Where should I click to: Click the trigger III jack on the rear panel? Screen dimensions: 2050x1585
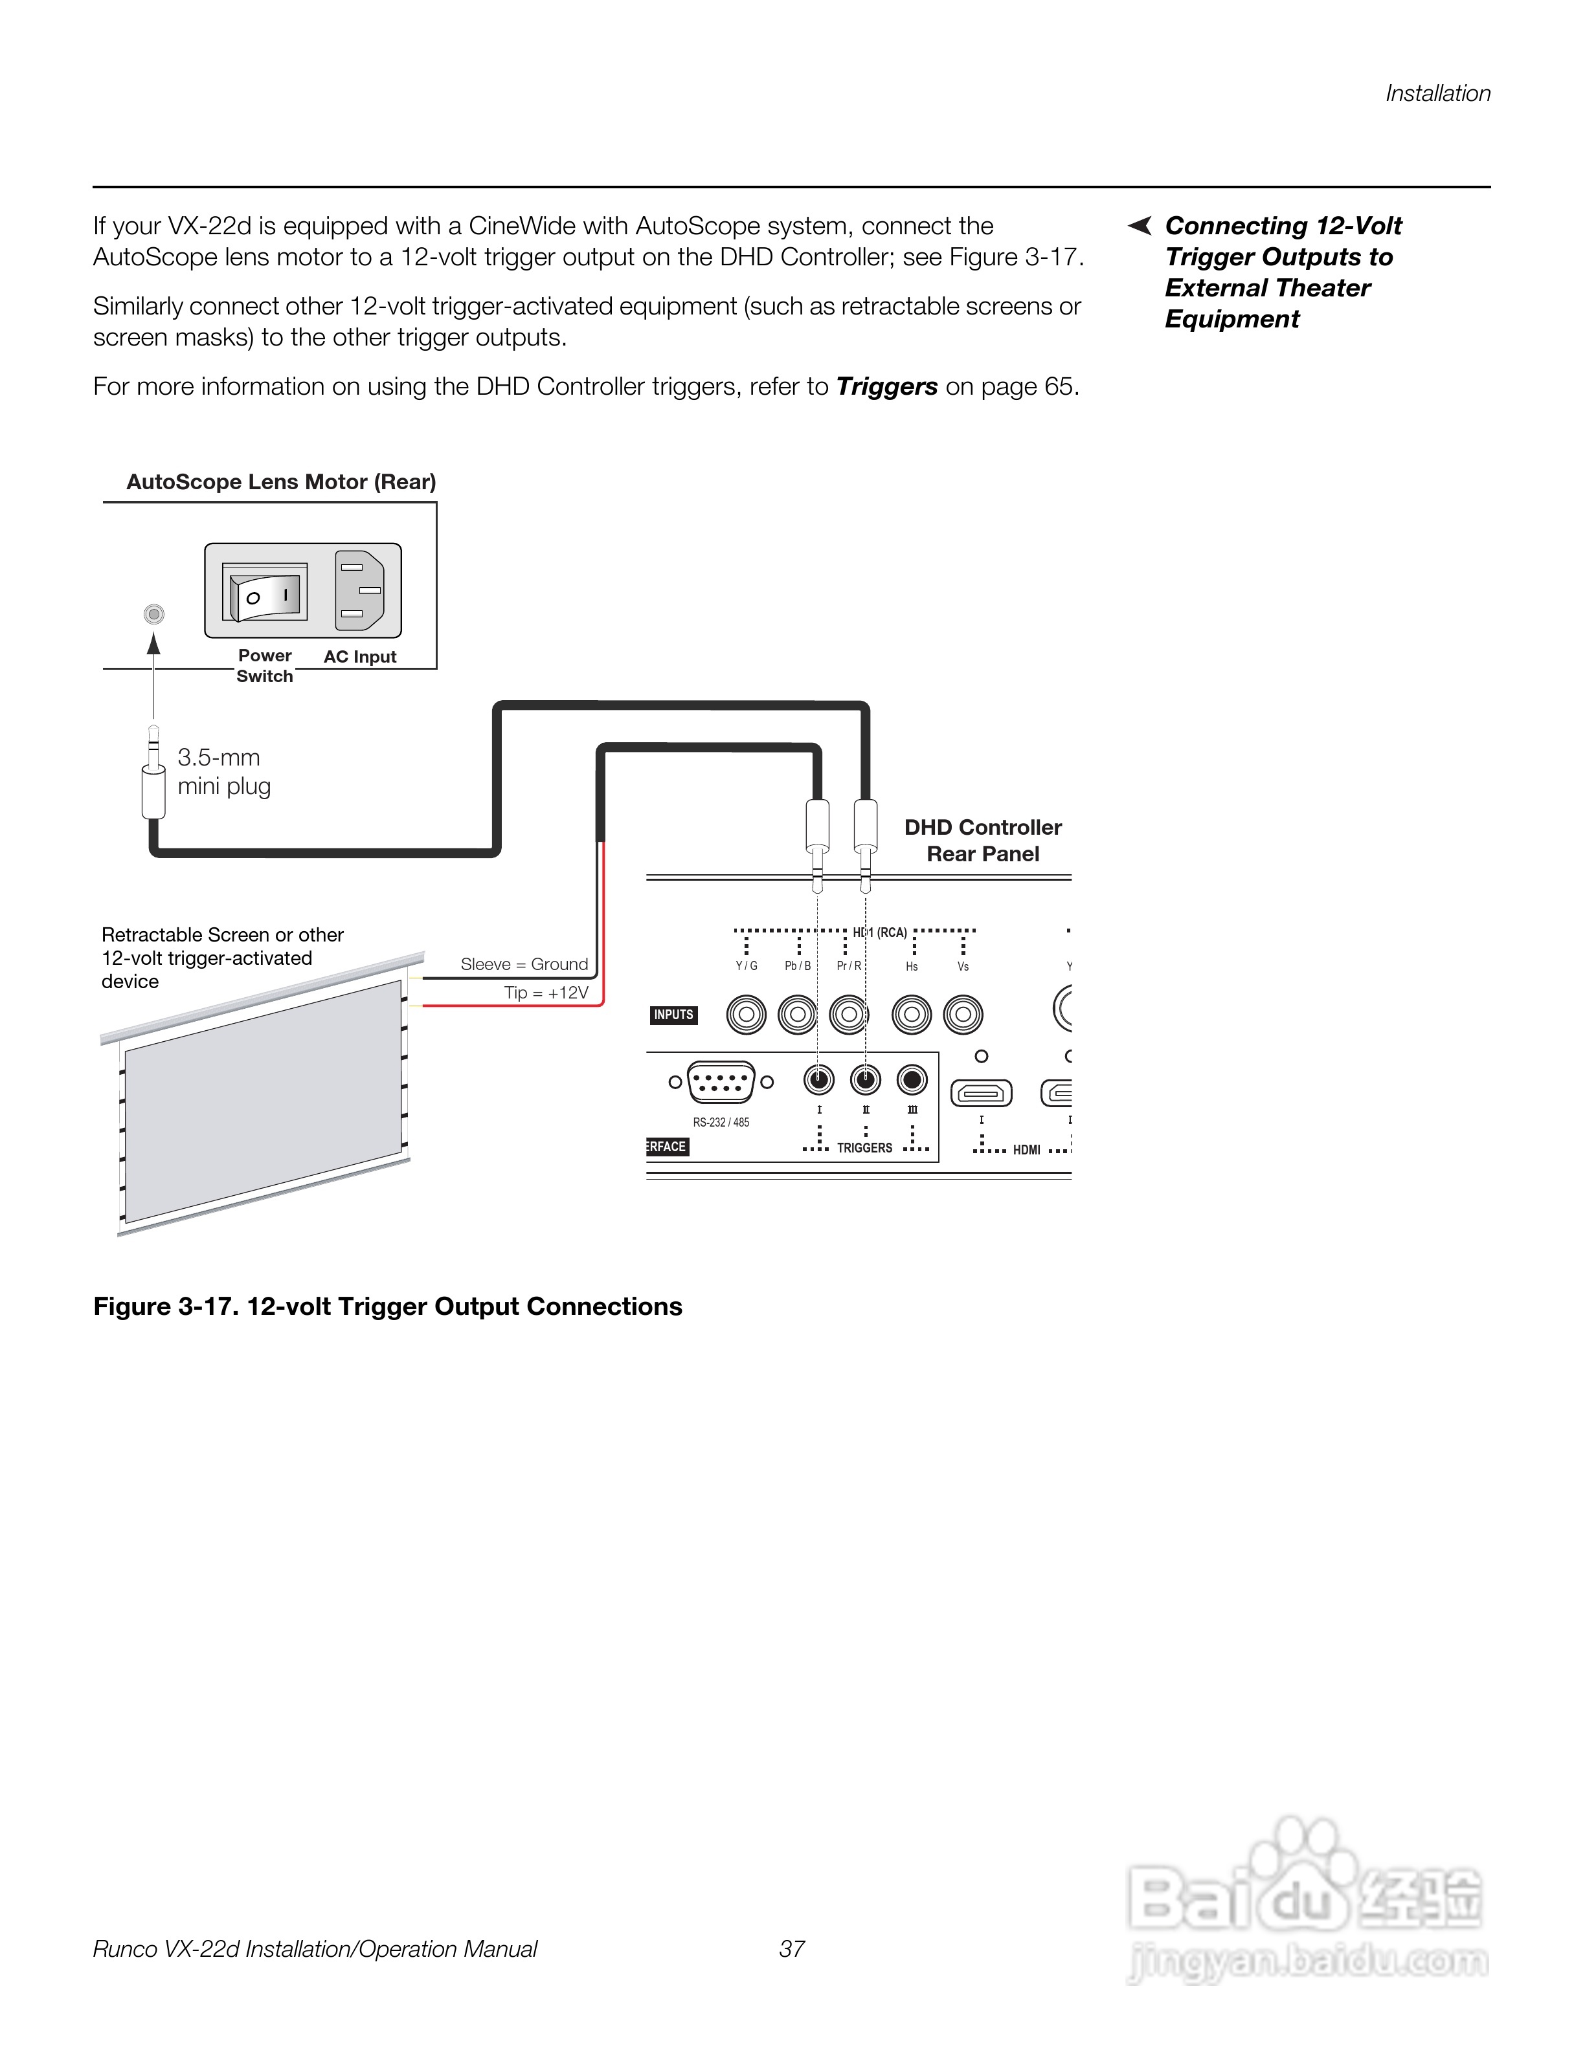pos(912,1081)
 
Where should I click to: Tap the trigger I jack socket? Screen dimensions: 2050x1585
pos(819,1081)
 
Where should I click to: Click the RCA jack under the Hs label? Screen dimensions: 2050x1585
pos(912,1015)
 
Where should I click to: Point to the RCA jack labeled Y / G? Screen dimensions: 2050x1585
pos(747,1015)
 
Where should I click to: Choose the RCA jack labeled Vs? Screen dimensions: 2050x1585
pos(962,1015)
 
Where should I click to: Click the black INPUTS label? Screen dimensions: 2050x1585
pos(673,1015)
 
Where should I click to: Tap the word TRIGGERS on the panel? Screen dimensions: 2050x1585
pos(864,1148)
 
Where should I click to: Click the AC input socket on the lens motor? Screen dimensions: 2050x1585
pos(361,590)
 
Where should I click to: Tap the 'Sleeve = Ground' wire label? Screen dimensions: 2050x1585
pos(524,964)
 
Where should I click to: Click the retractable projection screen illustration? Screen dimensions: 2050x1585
pos(263,1098)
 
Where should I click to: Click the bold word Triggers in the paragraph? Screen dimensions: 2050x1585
pos(886,387)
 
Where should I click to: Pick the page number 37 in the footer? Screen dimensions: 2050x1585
pos(792,1950)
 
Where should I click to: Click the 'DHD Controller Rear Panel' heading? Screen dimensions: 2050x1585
pos(982,840)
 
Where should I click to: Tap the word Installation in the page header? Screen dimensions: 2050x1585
pos(1437,94)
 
